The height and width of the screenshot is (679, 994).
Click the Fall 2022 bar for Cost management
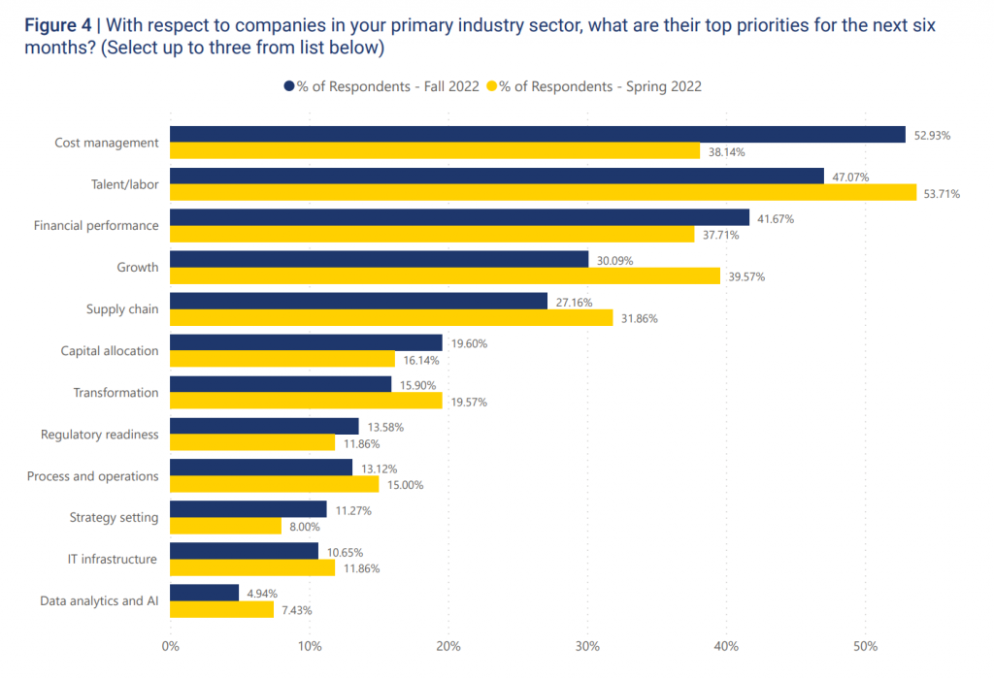click(538, 135)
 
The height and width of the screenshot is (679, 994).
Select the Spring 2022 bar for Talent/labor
click(543, 192)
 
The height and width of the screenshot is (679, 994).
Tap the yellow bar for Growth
click(445, 275)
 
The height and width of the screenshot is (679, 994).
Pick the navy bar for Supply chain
click(358, 301)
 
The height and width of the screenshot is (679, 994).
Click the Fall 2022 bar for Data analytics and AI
click(204, 593)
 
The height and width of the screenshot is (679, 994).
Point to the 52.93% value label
click(932, 136)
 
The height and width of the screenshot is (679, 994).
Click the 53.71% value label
click(942, 193)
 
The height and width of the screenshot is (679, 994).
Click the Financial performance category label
click(96, 226)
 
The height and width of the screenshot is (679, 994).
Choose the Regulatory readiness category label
click(99, 435)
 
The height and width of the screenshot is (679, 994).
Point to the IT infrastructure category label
click(113, 559)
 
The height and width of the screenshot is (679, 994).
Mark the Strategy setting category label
click(114, 517)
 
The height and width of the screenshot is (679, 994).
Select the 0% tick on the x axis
click(170, 647)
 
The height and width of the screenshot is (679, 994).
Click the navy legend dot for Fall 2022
click(288, 86)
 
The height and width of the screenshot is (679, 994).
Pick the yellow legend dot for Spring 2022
click(491, 86)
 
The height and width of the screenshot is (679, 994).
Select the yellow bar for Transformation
click(306, 401)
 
